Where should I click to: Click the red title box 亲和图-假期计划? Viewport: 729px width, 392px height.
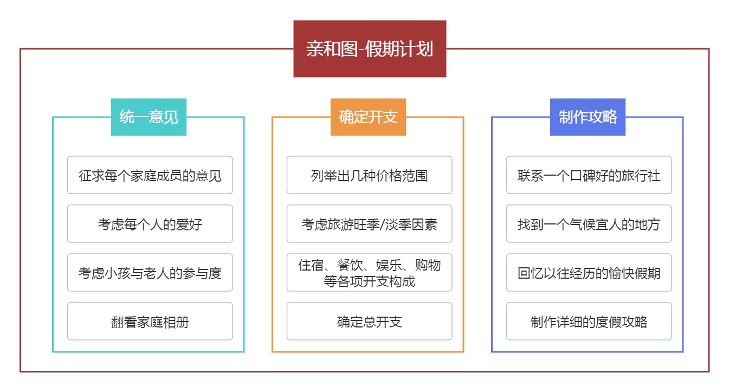click(x=370, y=49)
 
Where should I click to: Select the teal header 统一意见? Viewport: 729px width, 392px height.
click(x=149, y=117)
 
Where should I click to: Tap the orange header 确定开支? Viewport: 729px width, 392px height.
click(x=368, y=117)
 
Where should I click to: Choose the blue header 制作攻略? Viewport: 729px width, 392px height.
click(x=588, y=117)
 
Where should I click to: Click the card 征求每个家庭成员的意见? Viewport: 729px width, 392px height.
click(x=150, y=175)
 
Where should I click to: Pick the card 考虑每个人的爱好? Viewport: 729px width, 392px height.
click(x=150, y=224)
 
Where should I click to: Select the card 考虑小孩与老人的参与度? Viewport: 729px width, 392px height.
click(x=150, y=273)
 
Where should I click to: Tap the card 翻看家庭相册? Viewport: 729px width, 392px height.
click(x=150, y=322)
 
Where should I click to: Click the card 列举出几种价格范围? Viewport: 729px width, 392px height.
click(x=370, y=175)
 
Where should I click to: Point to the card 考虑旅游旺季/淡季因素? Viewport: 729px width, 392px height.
click(x=370, y=224)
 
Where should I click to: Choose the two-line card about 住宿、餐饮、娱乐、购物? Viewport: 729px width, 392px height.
click(x=370, y=273)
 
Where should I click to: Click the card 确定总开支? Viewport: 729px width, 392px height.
click(x=370, y=322)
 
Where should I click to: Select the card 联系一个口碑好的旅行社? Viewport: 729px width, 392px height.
click(x=589, y=175)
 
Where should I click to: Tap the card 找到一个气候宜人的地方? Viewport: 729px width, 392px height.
click(x=589, y=224)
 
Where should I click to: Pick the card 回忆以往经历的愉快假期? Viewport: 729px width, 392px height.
click(x=589, y=273)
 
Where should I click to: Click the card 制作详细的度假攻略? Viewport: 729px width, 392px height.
click(x=589, y=322)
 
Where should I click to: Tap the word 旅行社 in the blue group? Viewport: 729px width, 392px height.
click(x=641, y=176)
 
